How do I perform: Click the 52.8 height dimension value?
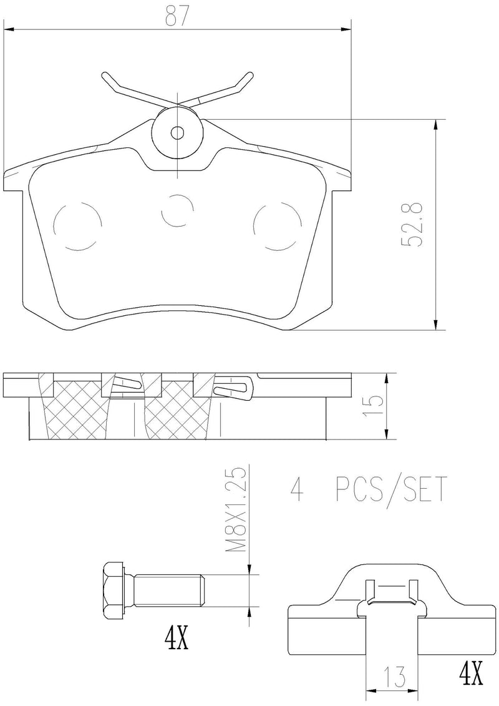[x=412, y=224]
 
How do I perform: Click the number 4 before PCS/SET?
[x=298, y=491]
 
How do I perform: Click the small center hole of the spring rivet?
[x=178, y=132]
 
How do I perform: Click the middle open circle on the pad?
[x=178, y=210]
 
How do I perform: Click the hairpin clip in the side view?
[x=232, y=388]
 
